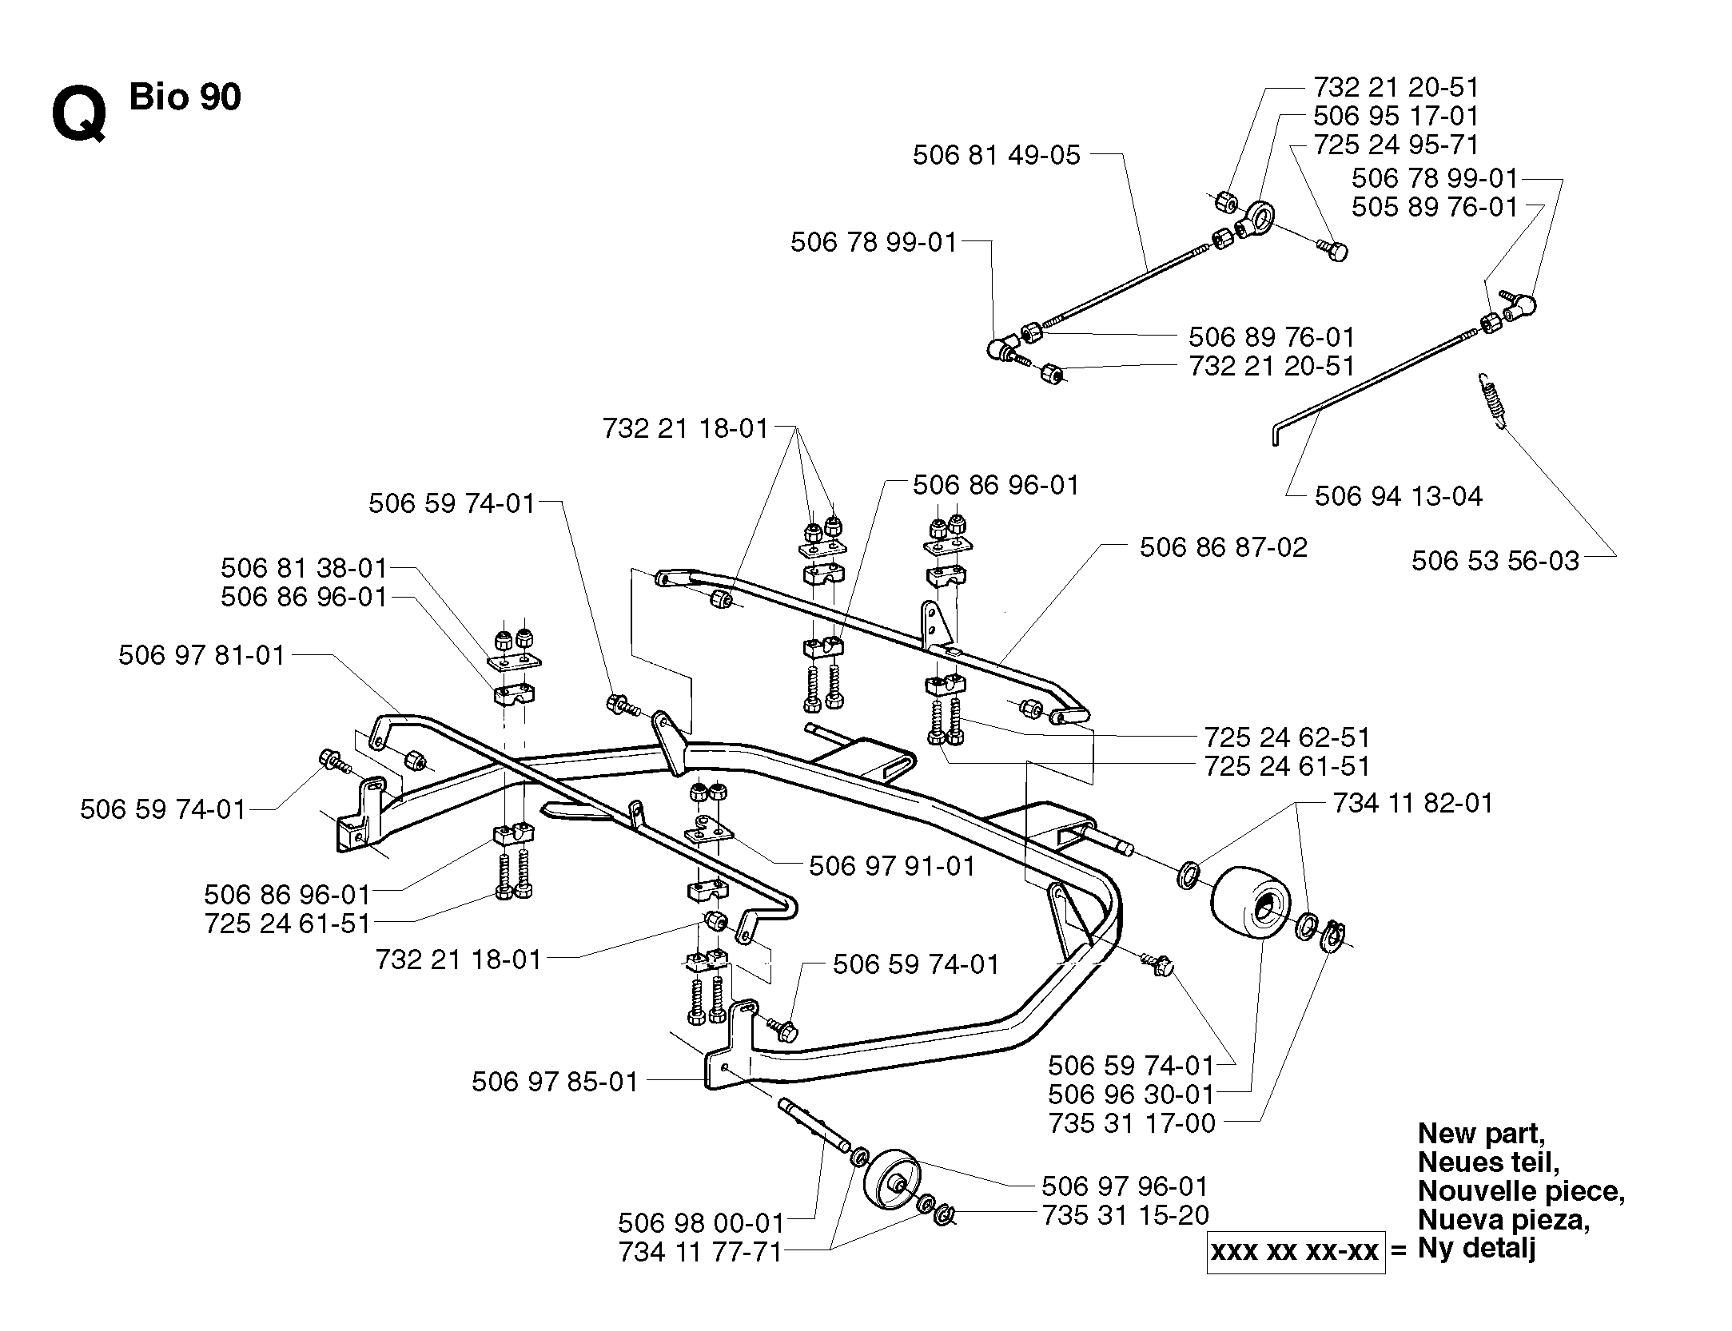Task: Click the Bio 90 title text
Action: (185, 97)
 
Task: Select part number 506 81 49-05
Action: (997, 155)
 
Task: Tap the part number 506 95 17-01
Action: (1396, 116)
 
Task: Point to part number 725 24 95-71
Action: (1396, 145)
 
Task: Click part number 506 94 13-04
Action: (1399, 496)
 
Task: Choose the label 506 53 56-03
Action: (1495, 560)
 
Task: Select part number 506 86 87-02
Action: (1224, 547)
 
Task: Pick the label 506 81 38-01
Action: (304, 568)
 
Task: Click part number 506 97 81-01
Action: (201, 655)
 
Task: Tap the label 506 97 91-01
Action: (892, 866)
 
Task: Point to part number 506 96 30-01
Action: (1131, 1094)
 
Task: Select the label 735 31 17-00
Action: (1131, 1122)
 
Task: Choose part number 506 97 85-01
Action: (555, 1082)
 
